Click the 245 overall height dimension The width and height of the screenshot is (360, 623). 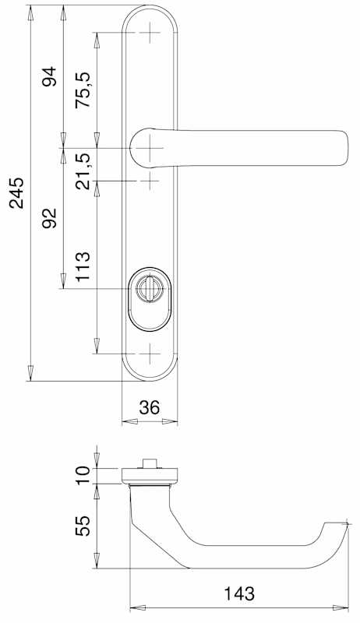pos(17,193)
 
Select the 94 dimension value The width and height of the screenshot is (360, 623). pos(50,76)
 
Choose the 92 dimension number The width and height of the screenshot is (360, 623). pos(50,218)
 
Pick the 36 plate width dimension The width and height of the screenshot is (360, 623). pos(150,407)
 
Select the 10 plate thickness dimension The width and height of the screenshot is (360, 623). pos(83,475)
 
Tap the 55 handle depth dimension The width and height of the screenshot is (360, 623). pos(83,526)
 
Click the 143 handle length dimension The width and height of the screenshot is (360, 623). pos(239,594)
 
